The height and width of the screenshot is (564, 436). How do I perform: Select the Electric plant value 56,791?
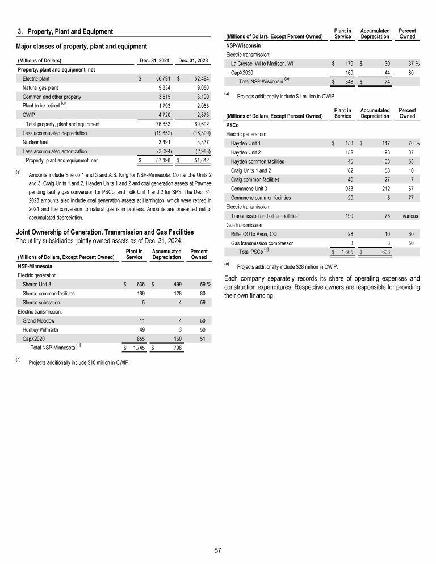(160, 78)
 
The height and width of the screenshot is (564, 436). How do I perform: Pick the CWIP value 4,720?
(162, 115)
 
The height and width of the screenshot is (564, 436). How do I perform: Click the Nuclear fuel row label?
(36, 142)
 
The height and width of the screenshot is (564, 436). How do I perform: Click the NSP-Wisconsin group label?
(244, 45)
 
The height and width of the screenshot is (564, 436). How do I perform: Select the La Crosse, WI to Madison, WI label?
(270, 64)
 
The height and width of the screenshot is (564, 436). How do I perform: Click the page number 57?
(217, 550)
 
